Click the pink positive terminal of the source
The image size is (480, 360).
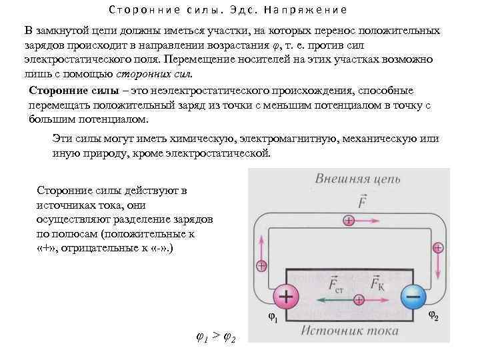point(285,297)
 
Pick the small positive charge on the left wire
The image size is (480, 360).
point(261,265)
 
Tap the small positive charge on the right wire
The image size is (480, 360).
point(438,247)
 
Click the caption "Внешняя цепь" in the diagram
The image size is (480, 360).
point(348,181)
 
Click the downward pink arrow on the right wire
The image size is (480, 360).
point(438,265)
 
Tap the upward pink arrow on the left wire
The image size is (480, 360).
point(261,247)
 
